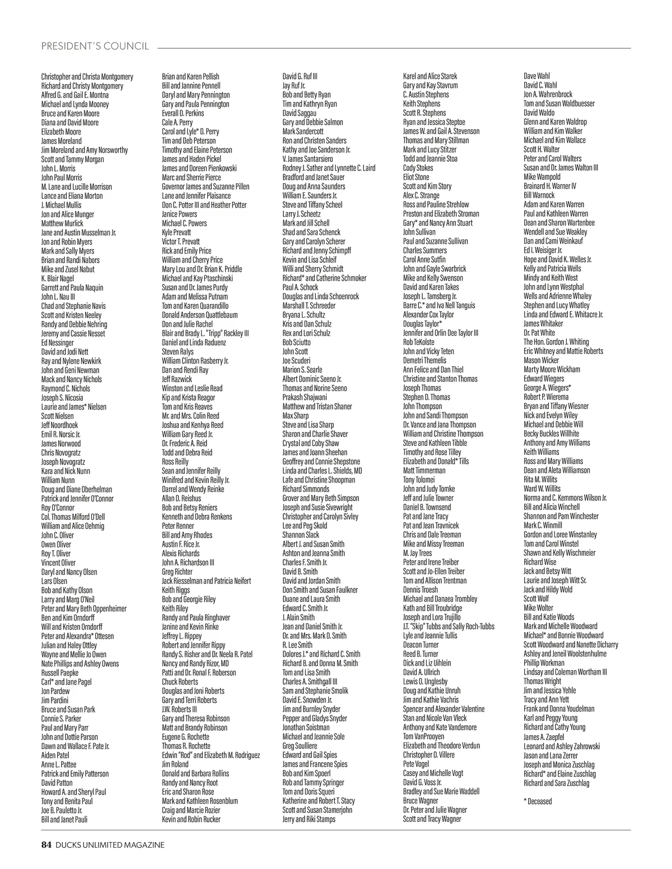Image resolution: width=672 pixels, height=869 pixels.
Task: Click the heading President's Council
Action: point(95,46)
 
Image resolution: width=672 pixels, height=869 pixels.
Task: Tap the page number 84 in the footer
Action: point(46,844)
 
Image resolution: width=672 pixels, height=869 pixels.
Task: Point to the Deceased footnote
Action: point(538,801)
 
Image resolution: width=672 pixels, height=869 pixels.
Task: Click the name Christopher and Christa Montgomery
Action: point(87,77)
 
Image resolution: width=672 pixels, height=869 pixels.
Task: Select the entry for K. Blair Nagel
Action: point(58,278)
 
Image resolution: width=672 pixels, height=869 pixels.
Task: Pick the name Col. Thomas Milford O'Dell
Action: point(73,517)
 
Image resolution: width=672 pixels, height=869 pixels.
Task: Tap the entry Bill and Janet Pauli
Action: point(64,819)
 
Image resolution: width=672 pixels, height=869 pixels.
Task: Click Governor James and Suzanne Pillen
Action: point(206,187)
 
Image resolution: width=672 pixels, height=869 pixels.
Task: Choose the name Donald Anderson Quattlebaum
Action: point(199,315)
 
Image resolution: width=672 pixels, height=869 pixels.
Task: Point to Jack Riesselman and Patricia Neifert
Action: point(206,581)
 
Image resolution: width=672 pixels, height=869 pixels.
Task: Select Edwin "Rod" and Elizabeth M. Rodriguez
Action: point(211,755)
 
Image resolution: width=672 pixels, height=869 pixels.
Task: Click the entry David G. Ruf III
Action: point(300,76)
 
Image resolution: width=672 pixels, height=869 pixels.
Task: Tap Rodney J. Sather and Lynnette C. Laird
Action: point(329,168)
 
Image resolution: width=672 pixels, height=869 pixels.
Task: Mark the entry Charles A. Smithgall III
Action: point(310,682)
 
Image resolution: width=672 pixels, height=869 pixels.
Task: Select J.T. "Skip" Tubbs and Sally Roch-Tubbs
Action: point(449,626)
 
